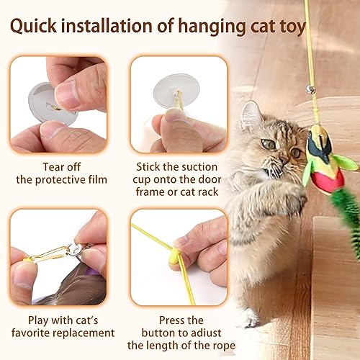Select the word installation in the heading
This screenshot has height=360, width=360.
pyautogui.click(x=115, y=27)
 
